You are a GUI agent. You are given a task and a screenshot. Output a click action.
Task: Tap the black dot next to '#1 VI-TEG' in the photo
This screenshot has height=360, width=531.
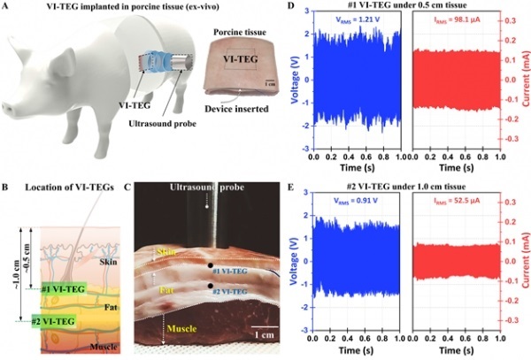pyautogui.click(x=210, y=265)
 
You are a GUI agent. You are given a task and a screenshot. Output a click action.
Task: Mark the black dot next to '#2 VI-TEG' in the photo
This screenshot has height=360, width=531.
pyautogui.click(x=210, y=286)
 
